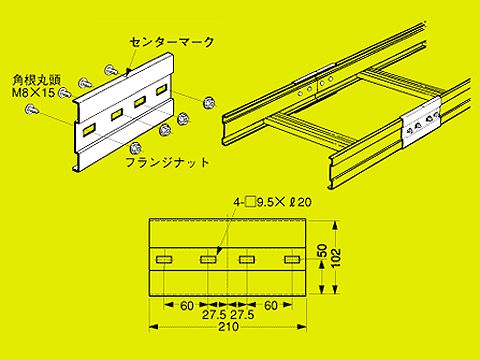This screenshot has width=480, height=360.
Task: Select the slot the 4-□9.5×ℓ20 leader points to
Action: tap(207, 261)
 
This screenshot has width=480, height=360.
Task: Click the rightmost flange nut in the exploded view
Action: tap(207, 102)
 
